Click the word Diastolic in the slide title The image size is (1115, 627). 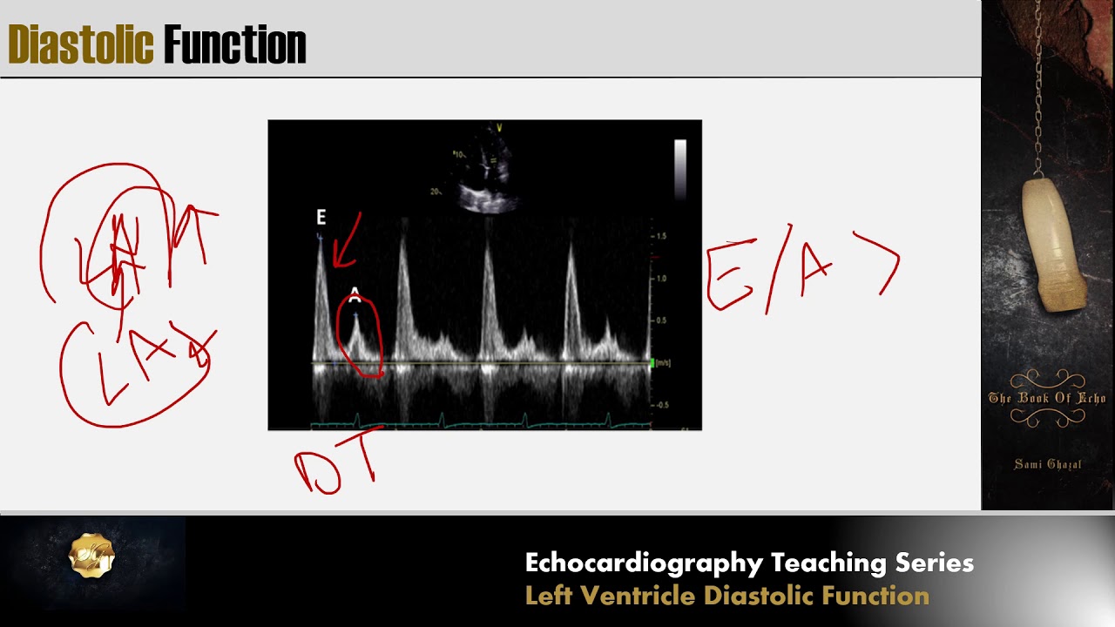[x=80, y=45]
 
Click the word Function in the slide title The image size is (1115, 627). [x=234, y=45]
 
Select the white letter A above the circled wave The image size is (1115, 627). [x=355, y=293]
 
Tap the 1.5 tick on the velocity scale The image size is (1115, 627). [x=661, y=236]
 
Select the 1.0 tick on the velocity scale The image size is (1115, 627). [x=661, y=279]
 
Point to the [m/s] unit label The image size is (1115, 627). [x=664, y=362]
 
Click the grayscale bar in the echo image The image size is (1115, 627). [x=679, y=169]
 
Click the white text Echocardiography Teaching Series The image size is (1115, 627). [x=749, y=563]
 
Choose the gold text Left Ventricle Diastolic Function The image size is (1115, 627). [x=726, y=596]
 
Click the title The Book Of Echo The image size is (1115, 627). [x=1047, y=398]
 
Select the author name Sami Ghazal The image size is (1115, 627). [x=1047, y=464]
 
